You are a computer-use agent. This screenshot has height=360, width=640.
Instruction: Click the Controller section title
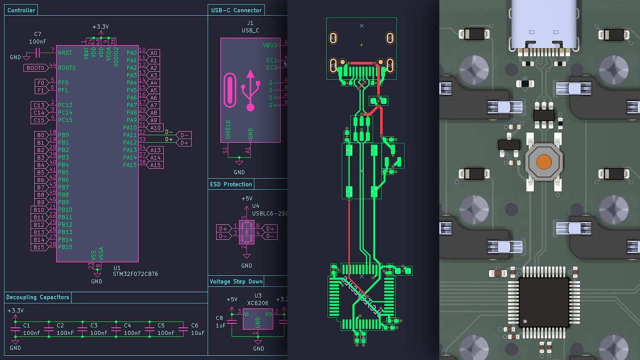coord(21,10)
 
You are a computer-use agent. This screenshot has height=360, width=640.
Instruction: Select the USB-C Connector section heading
coord(236,10)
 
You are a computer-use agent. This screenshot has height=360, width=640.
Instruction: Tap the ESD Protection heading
coord(230,184)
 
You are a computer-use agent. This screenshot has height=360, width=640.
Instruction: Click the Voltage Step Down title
coord(235,281)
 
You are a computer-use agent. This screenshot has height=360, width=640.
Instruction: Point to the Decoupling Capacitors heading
coord(37,297)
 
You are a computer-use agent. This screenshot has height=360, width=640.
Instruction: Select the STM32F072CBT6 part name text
coord(135,274)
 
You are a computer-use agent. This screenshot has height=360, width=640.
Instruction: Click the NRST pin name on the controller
coord(65,52)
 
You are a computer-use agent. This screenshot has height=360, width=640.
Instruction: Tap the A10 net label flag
coord(155,127)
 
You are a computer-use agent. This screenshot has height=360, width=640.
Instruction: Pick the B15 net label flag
coord(39,247)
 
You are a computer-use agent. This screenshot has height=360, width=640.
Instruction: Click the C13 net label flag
coord(39,105)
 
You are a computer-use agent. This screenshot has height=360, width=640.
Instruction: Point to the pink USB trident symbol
coord(250,90)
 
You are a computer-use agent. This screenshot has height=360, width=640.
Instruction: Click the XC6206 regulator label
coord(258,303)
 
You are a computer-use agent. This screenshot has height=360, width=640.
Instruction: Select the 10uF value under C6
coord(197,333)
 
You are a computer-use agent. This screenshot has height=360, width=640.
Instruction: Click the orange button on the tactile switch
coord(544,162)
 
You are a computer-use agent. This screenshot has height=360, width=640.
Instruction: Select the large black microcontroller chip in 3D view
coord(543,302)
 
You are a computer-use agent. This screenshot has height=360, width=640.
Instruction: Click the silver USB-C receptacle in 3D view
coord(543,25)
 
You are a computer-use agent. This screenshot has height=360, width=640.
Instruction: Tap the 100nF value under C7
coord(38,41)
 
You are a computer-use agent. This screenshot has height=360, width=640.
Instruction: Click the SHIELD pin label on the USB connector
coord(228,129)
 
